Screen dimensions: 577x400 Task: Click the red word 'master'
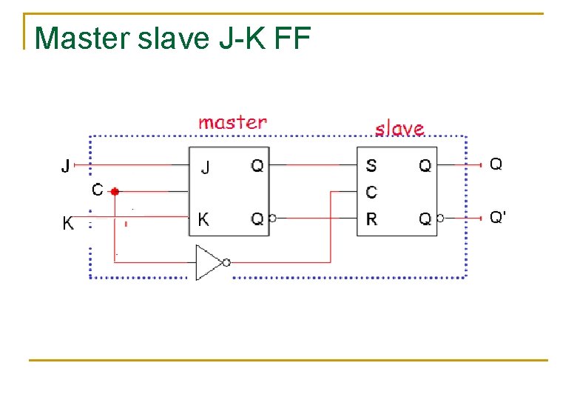(x=232, y=123)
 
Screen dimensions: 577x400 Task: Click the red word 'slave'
(x=399, y=129)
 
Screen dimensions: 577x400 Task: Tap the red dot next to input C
(x=115, y=192)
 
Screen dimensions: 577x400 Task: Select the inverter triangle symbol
(x=209, y=263)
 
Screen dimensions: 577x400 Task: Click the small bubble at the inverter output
(x=226, y=263)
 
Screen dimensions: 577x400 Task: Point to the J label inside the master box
(x=206, y=168)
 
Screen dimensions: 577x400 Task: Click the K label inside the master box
(x=203, y=219)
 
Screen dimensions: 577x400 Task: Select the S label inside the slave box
(x=371, y=165)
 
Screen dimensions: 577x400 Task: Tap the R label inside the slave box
(x=371, y=219)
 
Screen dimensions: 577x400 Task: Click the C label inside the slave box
(x=371, y=193)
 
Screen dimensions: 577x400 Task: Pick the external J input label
(x=66, y=165)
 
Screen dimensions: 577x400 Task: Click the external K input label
(x=68, y=223)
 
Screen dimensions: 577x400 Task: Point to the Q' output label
(x=498, y=217)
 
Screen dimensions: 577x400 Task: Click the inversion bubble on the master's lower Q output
(x=273, y=218)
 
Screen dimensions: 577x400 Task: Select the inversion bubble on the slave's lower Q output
(x=440, y=218)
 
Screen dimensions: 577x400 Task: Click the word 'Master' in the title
(x=82, y=38)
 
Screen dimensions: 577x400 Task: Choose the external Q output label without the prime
(x=496, y=164)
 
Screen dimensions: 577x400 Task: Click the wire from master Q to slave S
(x=313, y=165)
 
